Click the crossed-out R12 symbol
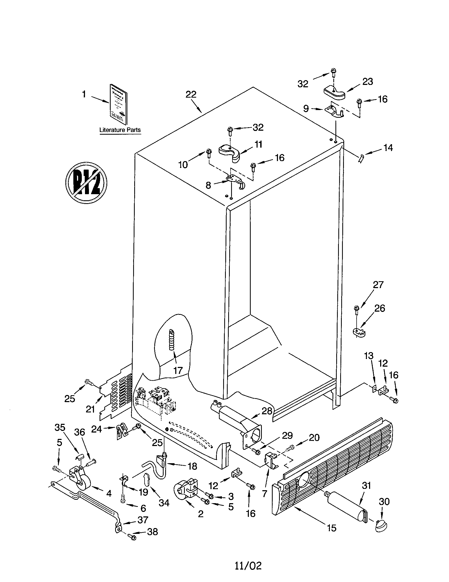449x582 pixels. [86, 183]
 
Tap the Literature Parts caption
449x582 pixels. [120, 130]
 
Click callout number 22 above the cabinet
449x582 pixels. [191, 94]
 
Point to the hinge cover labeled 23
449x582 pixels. [334, 93]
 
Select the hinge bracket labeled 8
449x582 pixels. [235, 180]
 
